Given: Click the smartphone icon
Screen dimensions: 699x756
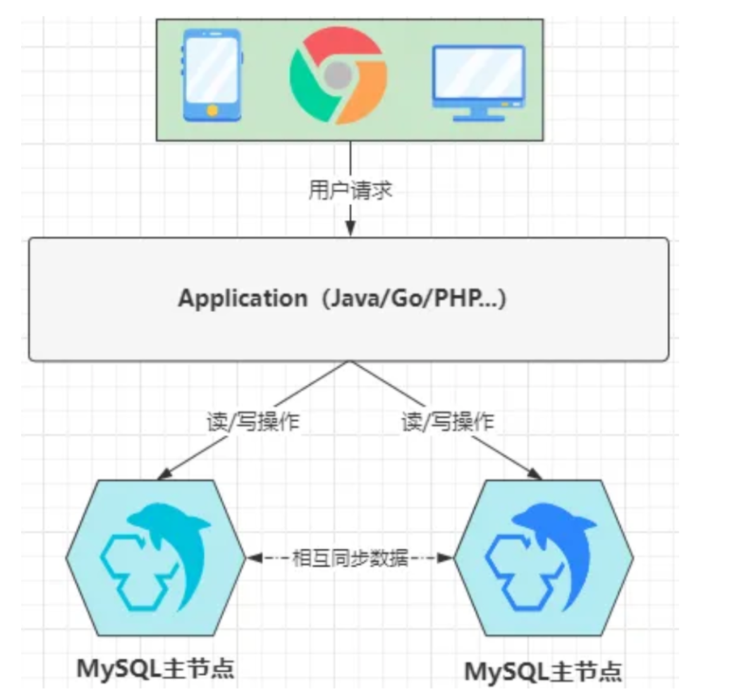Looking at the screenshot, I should point(211,75).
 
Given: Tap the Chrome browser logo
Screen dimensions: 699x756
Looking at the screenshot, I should point(338,75).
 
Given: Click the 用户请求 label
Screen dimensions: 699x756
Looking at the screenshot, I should point(350,190).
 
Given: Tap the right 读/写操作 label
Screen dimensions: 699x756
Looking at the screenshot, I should point(448,423).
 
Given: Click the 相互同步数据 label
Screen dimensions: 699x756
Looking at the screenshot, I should point(350,559).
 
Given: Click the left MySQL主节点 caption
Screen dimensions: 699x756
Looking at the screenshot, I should point(155,667).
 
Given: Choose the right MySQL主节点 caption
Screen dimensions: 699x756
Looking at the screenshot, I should point(543,670).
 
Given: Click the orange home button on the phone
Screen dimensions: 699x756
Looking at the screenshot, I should point(211,110).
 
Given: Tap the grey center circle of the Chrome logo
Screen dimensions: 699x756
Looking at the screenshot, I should point(338,73).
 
